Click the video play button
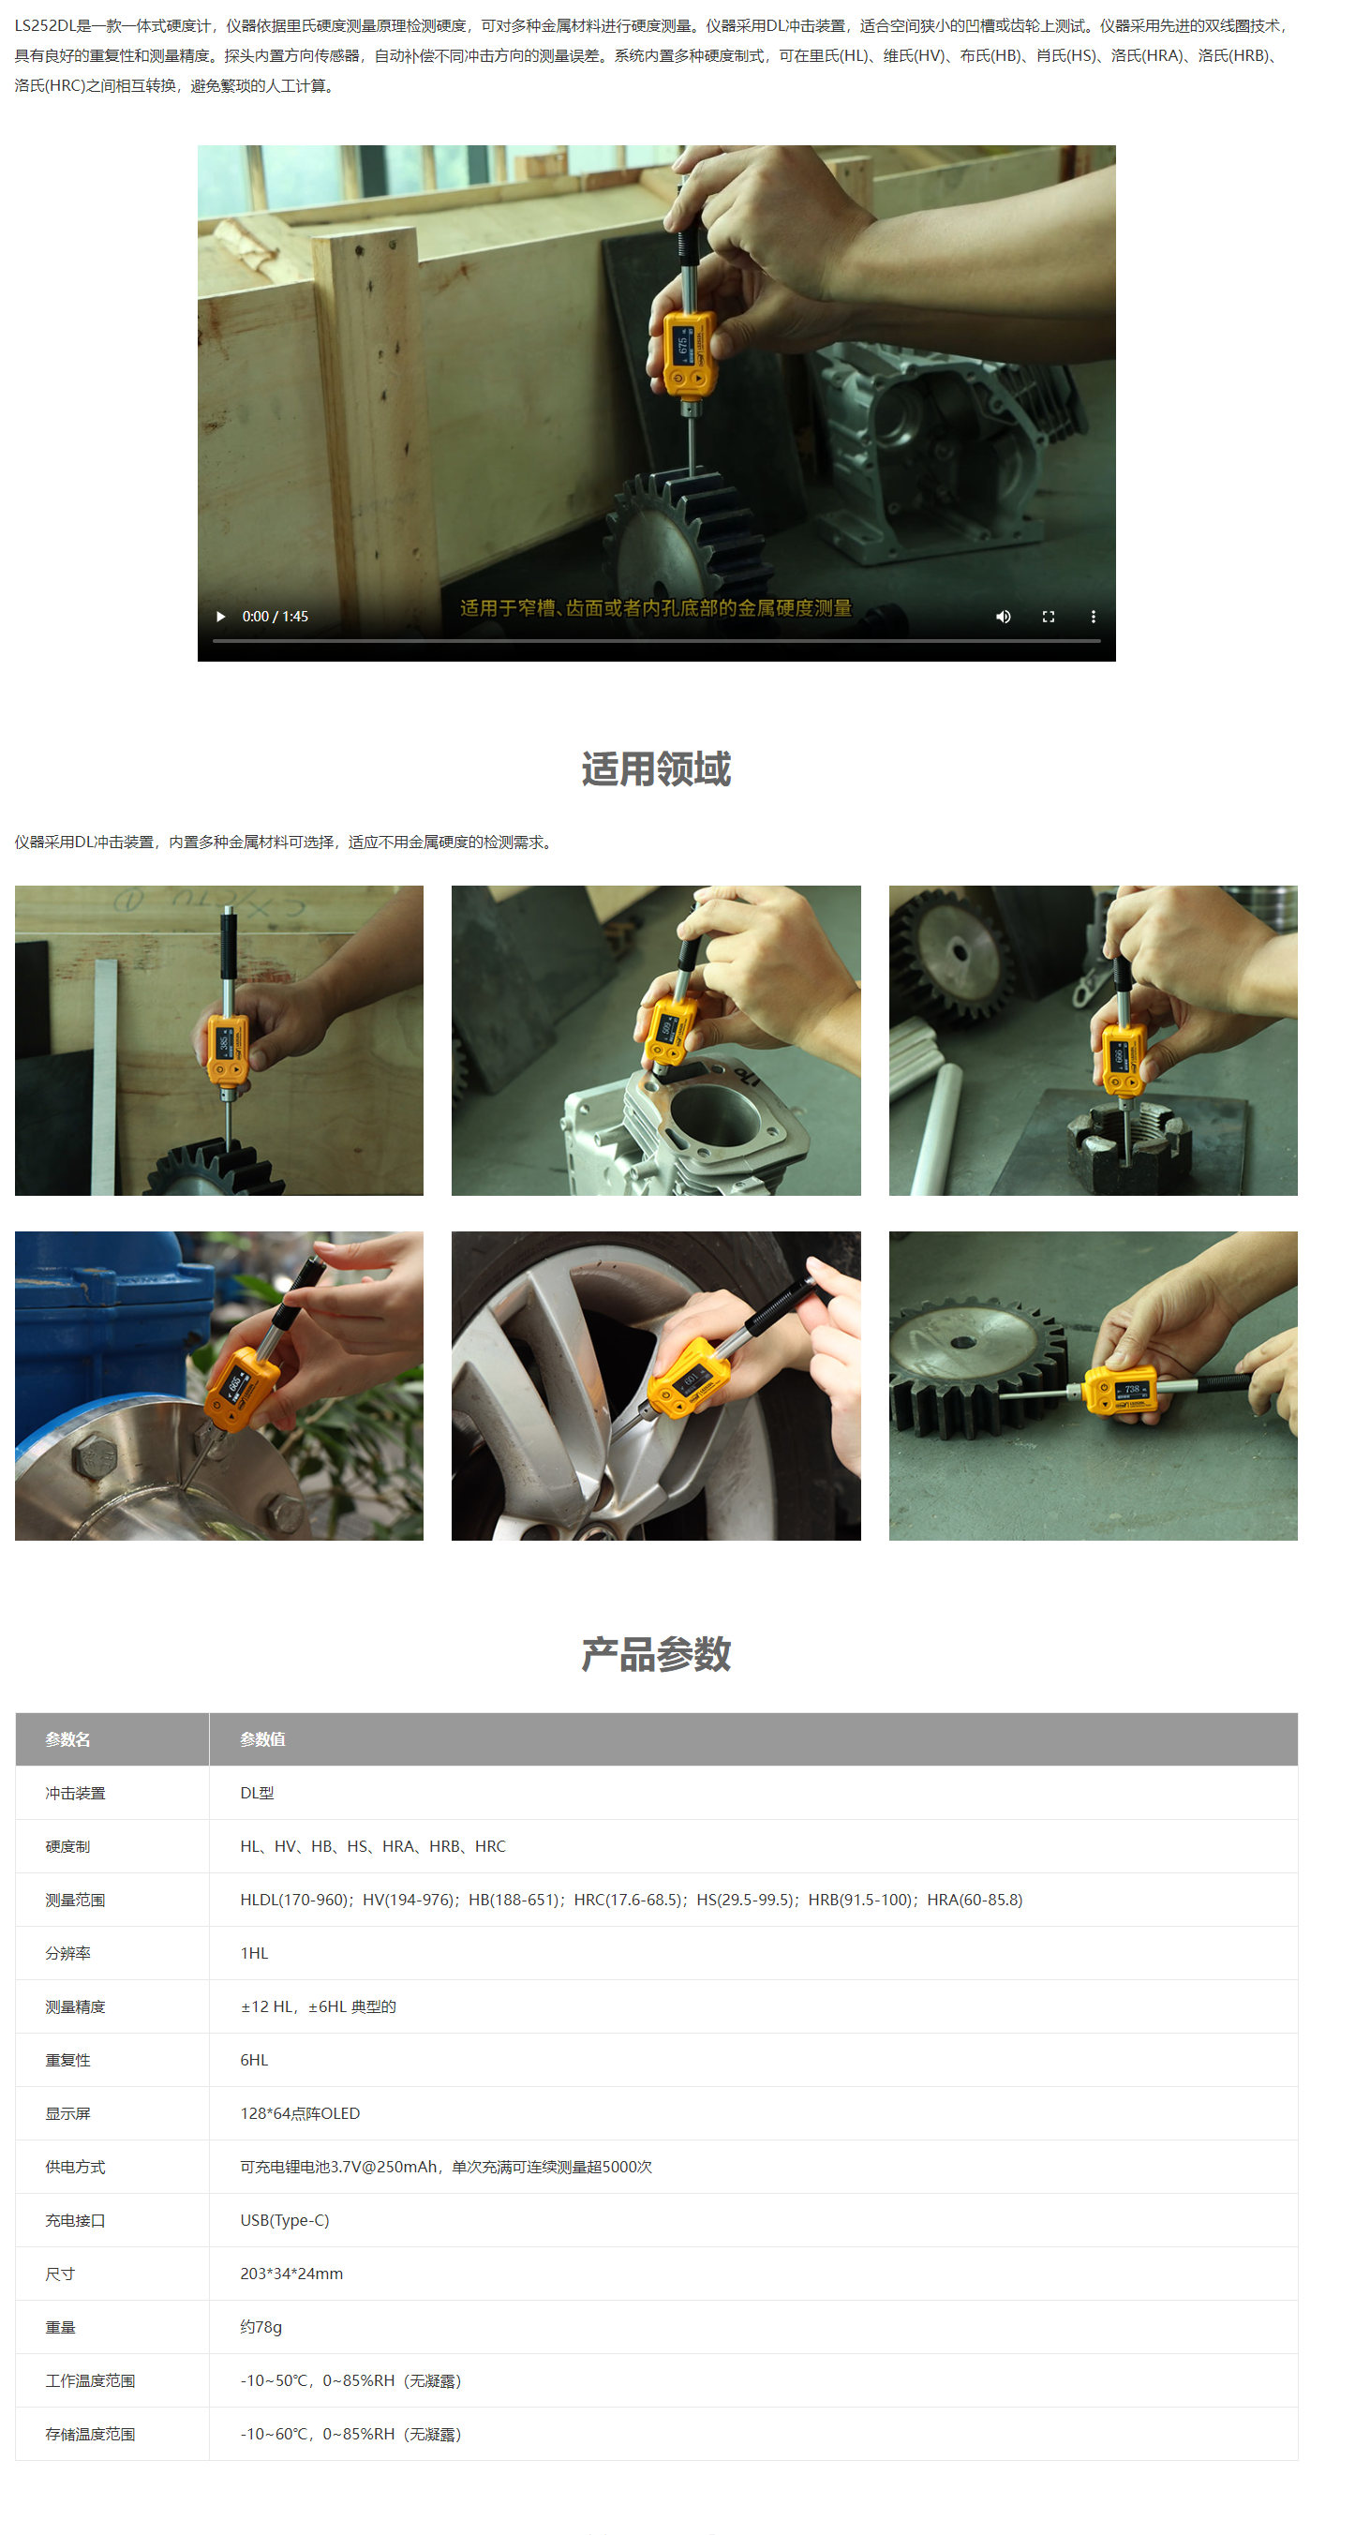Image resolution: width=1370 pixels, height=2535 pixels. point(220,616)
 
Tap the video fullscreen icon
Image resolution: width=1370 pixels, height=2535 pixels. point(1049,616)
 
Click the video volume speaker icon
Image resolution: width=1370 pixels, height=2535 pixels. point(1003,616)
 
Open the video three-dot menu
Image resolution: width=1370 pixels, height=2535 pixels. point(1093,616)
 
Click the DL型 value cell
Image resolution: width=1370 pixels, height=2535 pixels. point(257,1793)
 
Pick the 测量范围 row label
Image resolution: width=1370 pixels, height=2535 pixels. point(75,1901)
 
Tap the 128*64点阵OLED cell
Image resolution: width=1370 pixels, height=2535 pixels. point(300,2113)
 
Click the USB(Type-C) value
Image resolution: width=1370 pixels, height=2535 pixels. point(285,2220)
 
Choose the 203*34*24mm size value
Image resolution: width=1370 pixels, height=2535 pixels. point(291,2274)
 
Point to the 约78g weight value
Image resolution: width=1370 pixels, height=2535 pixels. point(261,2326)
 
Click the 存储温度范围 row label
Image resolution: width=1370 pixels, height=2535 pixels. point(90,2434)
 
